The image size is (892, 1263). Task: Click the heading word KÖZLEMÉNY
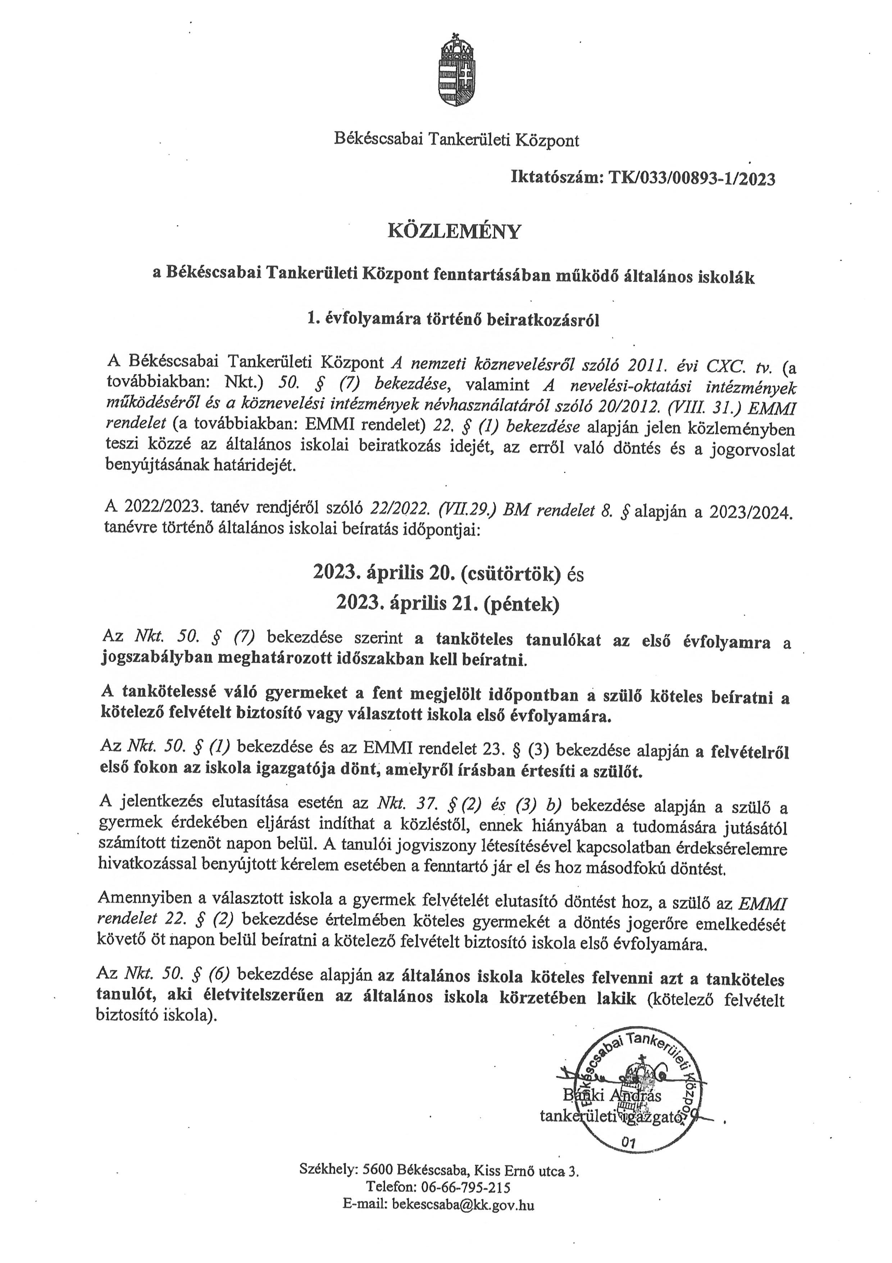click(454, 232)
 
